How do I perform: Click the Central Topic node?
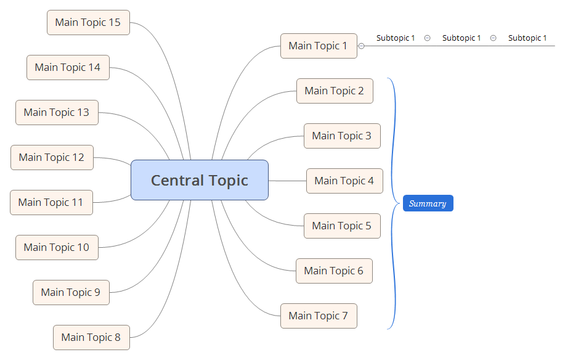(x=199, y=180)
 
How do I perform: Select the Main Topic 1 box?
(x=319, y=46)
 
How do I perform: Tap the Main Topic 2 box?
(x=335, y=91)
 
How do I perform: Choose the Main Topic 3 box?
(x=342, y=136)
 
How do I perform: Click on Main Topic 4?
(x=344, y=181)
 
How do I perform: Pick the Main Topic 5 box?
(x=342, y=226)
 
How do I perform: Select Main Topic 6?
(x=334, y=271)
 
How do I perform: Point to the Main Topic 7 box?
(x=319, y=316)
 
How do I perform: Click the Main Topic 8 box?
(x=91, y=337)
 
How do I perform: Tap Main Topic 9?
(x=71, y=292)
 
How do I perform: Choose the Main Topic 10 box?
(x=57, y=247)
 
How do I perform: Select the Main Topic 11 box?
(x=51, y=202)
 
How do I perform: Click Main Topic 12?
(x=52, y=157)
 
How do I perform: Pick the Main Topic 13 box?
(x=57, y=112)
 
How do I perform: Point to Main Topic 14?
(x=68, y=67)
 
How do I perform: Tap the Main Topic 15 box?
(x=88, y=22)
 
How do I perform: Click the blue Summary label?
(x=428, y=203)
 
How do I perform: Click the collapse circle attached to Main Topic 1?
(x=362, y=46)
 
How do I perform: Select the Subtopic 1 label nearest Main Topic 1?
(x=396, y=38)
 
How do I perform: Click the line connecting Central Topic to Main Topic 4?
(x=287, y=181)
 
